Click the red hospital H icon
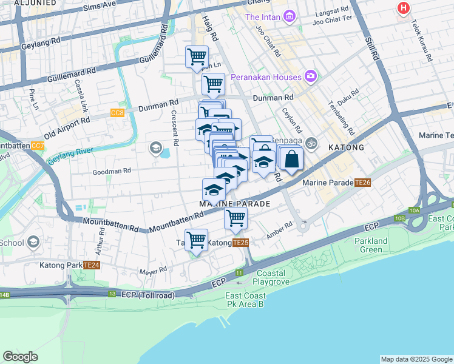[x=403, y=8]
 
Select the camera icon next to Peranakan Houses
[x=311, y=77]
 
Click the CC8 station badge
[x=117, y=113]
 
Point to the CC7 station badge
[x=38, y=146]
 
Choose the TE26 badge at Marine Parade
[x=363, y=182]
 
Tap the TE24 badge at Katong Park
[x=92, y=265]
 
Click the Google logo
[x=20, y=357]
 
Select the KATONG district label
[x=346, y=147]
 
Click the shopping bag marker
[x=291, y=159]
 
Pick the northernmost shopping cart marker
[x=197, y=57]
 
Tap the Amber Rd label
[x=280, y=228]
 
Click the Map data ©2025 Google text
[x=416, y=359]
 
